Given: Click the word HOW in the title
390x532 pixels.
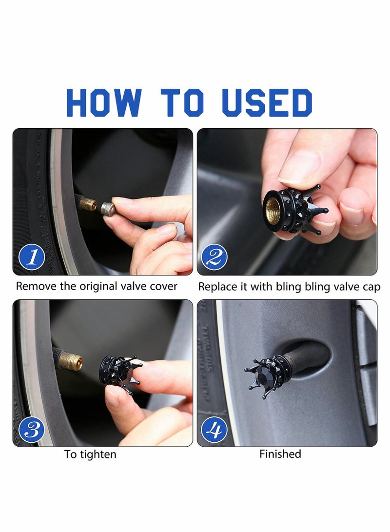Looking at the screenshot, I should pyautogui.click(x=104, y=103).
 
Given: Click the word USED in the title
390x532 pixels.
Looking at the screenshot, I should pyautogui.click(x=267, y=103).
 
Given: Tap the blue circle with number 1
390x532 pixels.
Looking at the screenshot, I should pyautogui.click(x=32, y=256).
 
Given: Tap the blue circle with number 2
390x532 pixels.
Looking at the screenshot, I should pyautogui.click(x=214, y=256).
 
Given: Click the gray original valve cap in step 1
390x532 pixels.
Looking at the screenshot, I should pyautogui.click(x=108, y=209).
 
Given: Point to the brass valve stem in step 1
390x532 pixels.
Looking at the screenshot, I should pyautogui.click(x=88, y=203).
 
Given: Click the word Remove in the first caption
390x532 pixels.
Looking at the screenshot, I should pyautogui.click(x=36, y=286).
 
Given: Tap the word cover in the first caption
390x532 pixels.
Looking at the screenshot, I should pyautogui.click(x=164, y=286).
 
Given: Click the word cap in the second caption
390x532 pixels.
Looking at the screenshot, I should pyautogui.click(x=371, y=287).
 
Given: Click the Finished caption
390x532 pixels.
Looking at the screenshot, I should pyautogui.click(x=280, y=454).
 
